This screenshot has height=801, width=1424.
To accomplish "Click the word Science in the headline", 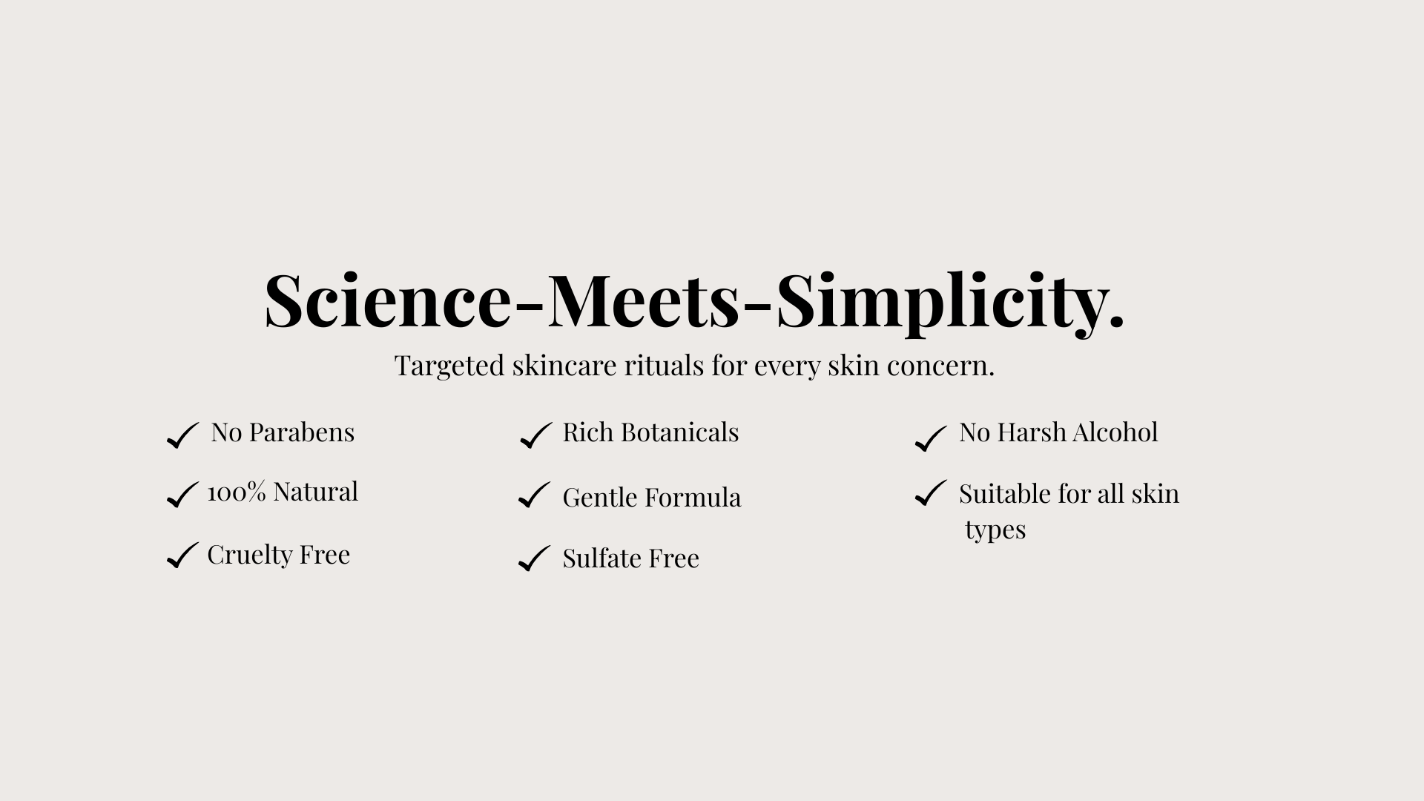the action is point(387,300).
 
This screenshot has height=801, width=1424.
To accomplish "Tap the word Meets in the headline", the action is point(643,300).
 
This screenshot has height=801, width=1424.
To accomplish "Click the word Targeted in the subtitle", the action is point(449,366).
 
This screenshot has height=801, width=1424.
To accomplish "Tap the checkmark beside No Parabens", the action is point(183,435).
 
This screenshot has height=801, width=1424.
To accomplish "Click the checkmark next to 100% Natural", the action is point(182,495).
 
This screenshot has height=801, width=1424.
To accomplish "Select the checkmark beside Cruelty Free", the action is point(182,555).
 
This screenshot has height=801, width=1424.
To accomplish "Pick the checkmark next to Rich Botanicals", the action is point(536,435).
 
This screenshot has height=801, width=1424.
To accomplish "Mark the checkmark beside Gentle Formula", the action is point(535,495).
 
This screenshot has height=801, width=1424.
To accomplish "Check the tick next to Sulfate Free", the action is point(535,558).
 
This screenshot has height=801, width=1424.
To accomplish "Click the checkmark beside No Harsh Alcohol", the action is point(931,438).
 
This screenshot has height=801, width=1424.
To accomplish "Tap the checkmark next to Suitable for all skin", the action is point(931,493).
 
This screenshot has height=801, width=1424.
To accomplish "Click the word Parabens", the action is point(301,432).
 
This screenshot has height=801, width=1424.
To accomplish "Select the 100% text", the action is point(237,492).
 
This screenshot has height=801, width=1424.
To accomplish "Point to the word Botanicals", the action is point(679,432).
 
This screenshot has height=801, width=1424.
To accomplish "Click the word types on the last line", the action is point(995,531).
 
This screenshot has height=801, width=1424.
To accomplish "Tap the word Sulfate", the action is point(602,558).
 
